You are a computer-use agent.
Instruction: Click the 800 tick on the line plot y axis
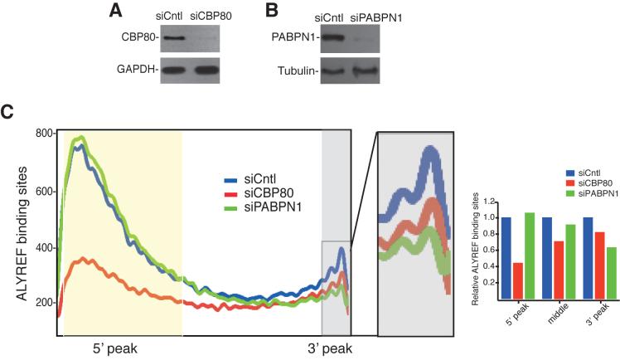[x=44, y=134]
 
